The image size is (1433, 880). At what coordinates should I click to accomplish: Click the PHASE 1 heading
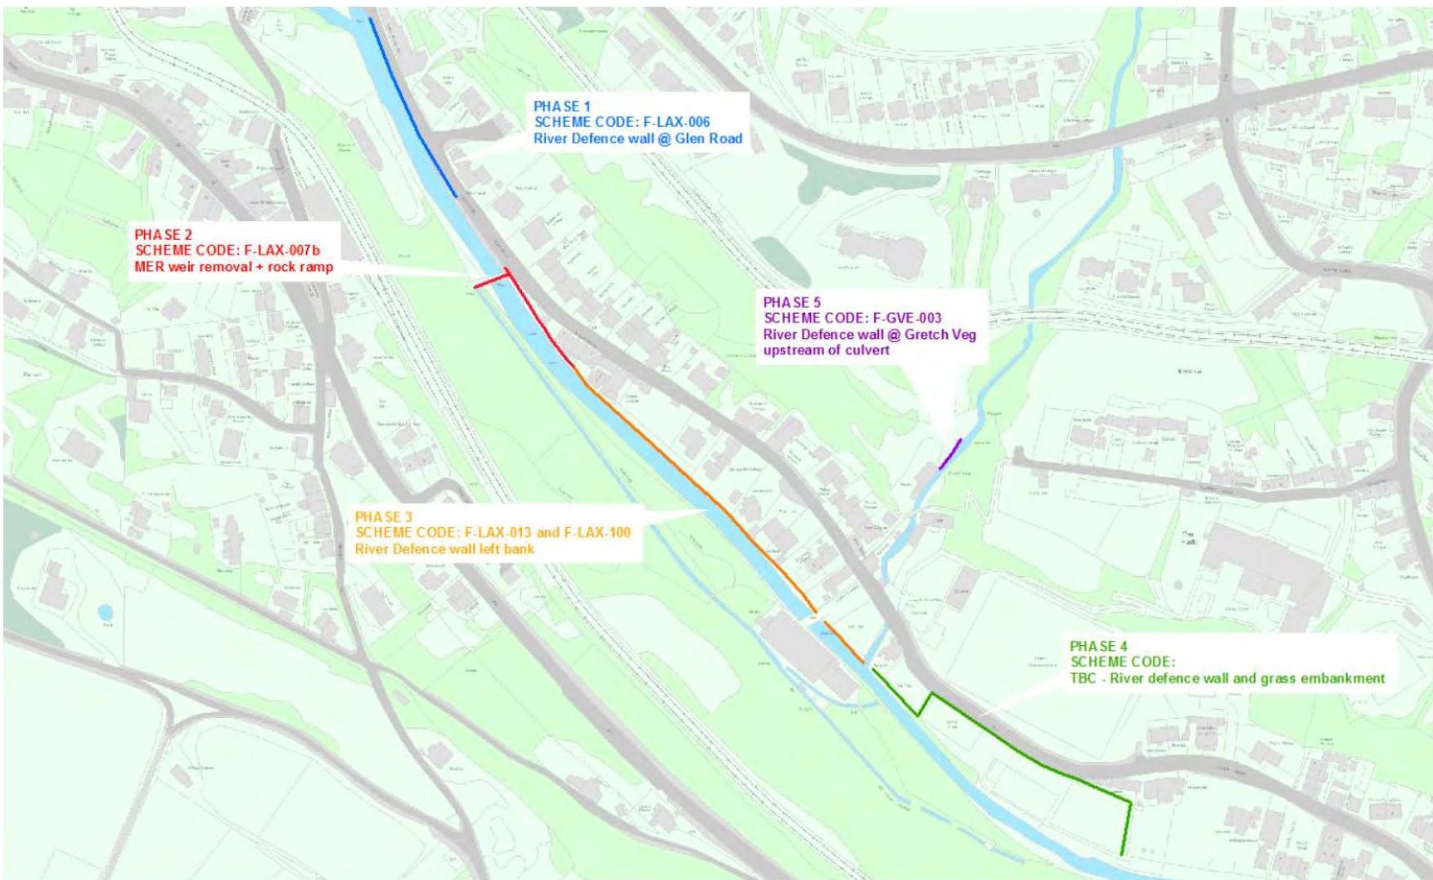pyautogui.click(x=561, y=106)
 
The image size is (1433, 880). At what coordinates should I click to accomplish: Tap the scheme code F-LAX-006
pyautogui.click(x=674, y=122)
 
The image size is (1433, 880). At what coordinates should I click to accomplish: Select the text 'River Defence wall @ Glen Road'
pyautogui.click(x=638, y=138)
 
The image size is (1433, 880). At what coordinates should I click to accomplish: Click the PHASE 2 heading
pyautogui.click(x=164, y=234)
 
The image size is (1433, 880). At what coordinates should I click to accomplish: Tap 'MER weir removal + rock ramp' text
pyautogui.click(x=233, y=267)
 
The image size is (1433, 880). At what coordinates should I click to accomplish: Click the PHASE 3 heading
pyautogui.click(x=384, y=517)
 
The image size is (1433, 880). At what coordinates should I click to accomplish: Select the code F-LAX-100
pyautogui.click(x=597, y=533)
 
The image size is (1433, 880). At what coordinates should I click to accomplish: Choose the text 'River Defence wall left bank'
pyautogui.click(x=444, y=548)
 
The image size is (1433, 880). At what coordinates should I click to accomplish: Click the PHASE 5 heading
pyautogui.click(x=792, y=302)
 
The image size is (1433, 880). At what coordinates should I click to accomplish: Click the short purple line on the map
pyautogui.click(x=950, y=454)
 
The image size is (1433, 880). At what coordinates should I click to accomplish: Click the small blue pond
pyautogui.click(x=104, y=612)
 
